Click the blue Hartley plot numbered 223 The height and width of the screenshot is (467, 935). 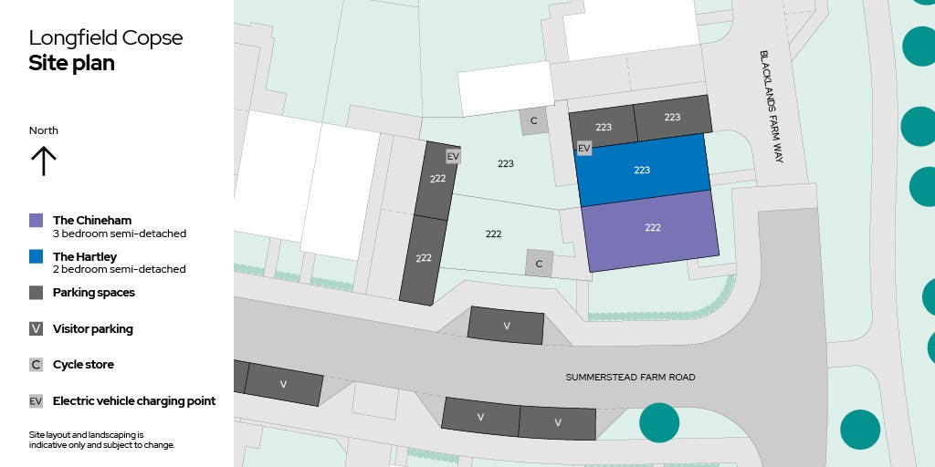coord(642,170)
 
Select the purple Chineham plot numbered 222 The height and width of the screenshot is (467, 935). coord(651,228)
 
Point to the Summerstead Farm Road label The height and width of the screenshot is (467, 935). coord(630,377)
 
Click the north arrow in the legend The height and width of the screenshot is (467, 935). coord(43,161)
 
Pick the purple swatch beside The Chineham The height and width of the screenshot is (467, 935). coord(37,220)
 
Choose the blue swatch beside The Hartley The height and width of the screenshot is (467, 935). coord(37,257)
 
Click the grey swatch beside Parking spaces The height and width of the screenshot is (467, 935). coord(37,293)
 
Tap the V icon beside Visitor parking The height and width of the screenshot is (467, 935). coord(37,328)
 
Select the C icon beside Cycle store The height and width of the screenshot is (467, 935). coord(37,365)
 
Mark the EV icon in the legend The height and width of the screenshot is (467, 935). coord(37,400)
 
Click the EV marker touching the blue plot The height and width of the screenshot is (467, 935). coord(584,148)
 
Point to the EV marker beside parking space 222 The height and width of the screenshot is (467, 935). coord(453,157)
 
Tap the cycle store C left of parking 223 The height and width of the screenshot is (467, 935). coord(534,120)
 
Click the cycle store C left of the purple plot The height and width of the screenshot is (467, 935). coord(539,264)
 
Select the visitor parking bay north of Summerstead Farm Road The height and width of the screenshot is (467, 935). coord(506,326)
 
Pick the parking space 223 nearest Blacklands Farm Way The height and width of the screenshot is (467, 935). coord(672,117)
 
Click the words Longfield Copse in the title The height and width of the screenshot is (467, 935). coord(105,38)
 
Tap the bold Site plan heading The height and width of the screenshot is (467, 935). coord(71,63)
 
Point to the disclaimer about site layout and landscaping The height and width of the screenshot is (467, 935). coord(101,440)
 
